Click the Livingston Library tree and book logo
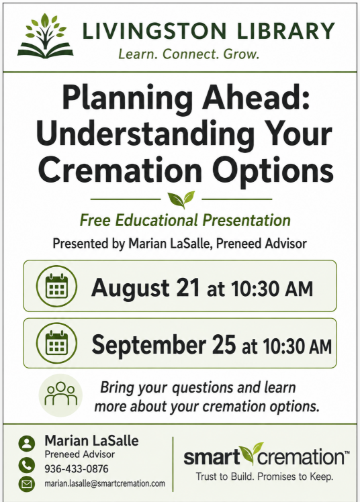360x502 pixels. [x=45, y=36]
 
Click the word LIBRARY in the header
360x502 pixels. [x=286, y=31]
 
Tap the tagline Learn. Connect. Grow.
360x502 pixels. [x=189, y=54]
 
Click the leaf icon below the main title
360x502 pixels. [x=181, y=199]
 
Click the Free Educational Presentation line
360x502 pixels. [x=185, y=220]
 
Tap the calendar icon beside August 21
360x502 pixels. [x=56, y=286]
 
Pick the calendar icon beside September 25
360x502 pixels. [x=56, y=343]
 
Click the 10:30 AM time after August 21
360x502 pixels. [x=272, y=289]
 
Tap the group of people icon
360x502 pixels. [x=60, y=395]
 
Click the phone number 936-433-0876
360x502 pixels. [x=77, y=468]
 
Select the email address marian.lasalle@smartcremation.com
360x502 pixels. [x=105, y=483]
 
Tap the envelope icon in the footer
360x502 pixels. [x=27, y=484]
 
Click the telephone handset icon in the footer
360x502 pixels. [x=27, y=465]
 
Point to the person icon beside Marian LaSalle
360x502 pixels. [x=27, y=444]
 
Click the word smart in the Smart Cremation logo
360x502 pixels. [x=212, y=456]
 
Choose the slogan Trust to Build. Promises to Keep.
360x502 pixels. [x=265, y=476]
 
